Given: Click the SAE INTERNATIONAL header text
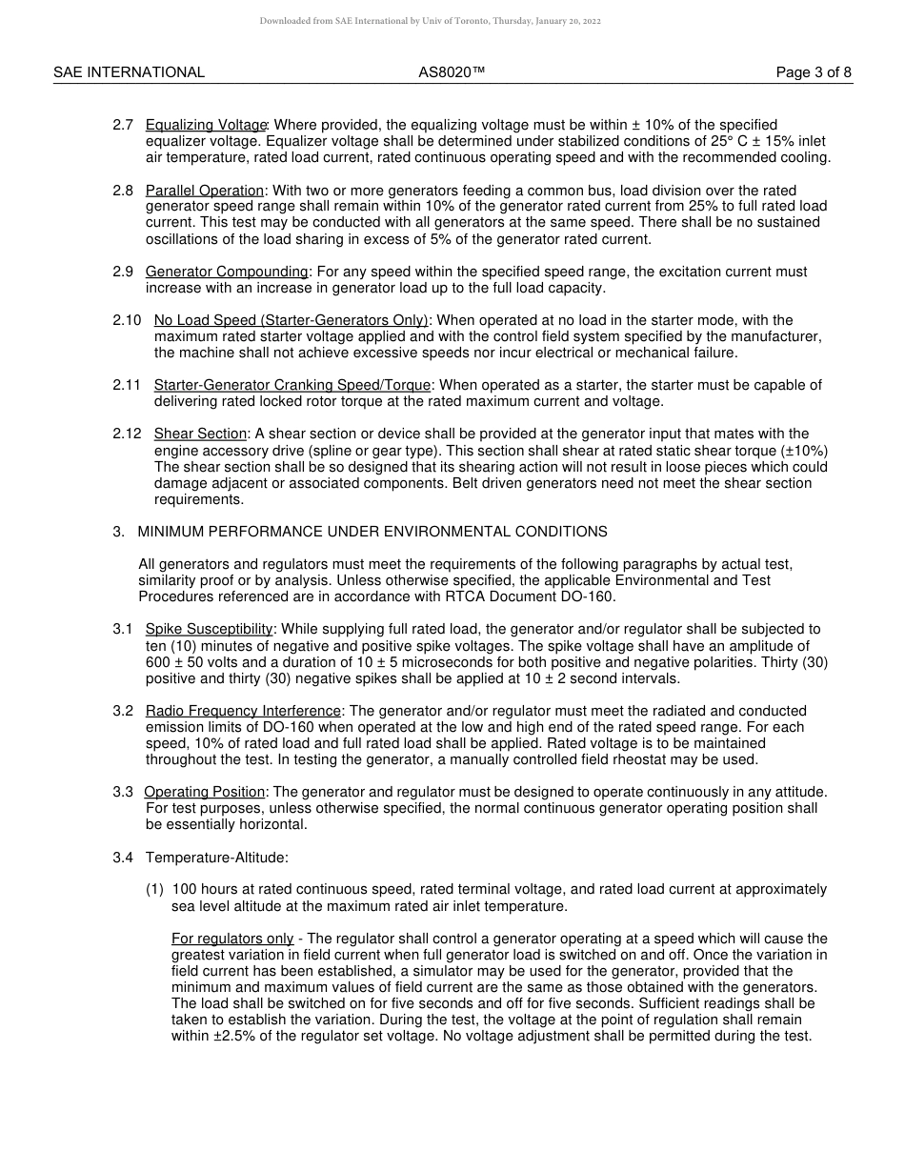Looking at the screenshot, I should pos(129,72).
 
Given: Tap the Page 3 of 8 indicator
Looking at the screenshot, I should pos(814,72).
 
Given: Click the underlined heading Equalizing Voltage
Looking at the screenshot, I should pos(206,125).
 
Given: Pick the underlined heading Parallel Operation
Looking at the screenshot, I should pos(204,191).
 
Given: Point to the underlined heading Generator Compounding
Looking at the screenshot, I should pos(227,272).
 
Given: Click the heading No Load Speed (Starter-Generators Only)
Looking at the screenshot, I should pos(291,320).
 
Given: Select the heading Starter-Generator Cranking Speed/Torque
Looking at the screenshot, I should pos(292,385).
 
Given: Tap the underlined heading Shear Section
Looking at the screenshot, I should pos(200,434).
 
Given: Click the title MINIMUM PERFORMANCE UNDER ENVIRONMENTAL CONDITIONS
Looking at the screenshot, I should pos(372,532).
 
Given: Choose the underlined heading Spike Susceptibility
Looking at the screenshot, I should pos(210,629).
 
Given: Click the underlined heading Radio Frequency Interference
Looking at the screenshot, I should pos(243,711).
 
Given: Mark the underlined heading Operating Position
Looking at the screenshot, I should pos(205,792).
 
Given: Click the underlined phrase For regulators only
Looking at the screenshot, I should pos(232,939).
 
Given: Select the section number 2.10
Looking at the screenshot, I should pos(127,320).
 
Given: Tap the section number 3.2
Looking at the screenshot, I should pos(123,711).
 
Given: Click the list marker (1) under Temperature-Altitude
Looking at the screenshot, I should pos(155,889).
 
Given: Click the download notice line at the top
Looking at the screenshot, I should pos(430,21).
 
